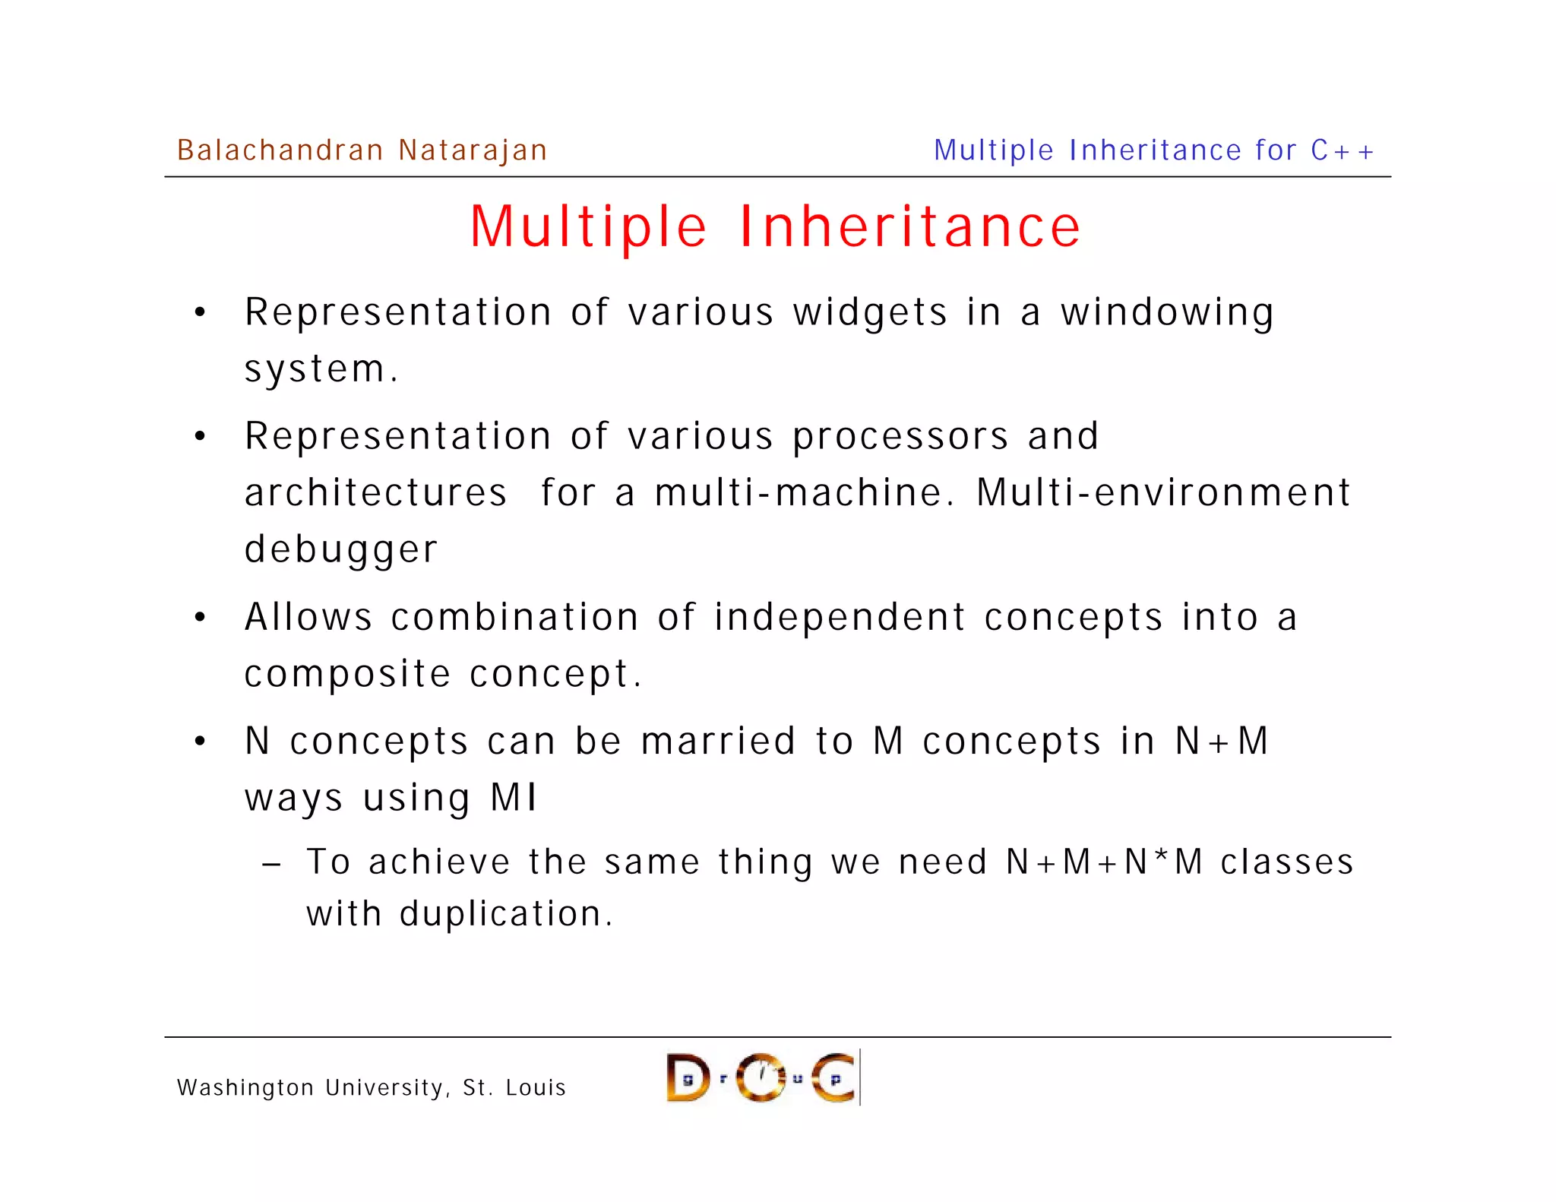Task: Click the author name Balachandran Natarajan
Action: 362,150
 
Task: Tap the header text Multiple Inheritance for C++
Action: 1153,150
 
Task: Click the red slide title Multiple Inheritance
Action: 775,226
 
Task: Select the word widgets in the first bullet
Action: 870,313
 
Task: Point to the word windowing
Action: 1167,313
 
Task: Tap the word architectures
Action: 375,493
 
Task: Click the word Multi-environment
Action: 1163,493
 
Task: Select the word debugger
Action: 340,550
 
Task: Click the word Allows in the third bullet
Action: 308,617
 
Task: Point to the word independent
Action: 840,617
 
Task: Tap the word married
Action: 718,742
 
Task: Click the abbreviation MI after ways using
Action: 514,798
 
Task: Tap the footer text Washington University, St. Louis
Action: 372,1088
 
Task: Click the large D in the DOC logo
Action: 687,1078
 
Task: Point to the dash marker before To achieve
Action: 271,865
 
